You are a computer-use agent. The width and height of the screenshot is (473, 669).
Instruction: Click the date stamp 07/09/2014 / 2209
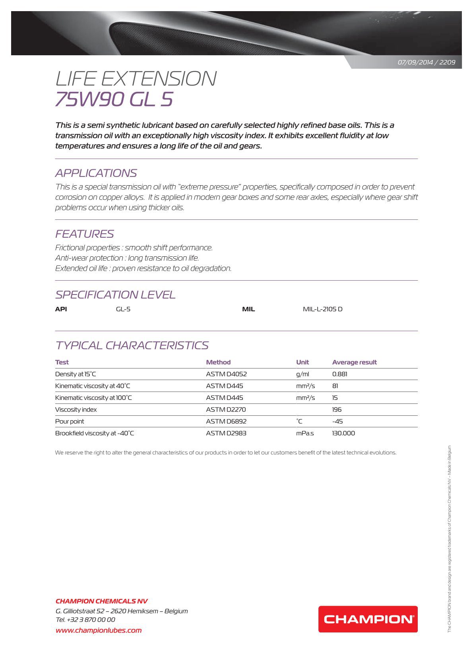[x=426, y=62]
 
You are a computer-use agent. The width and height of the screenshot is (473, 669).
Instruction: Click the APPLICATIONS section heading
[x=96, y=173]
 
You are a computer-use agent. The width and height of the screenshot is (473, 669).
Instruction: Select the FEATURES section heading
[x=84, y=234]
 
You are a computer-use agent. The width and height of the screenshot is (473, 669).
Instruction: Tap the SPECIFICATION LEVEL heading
[x=115, y=295]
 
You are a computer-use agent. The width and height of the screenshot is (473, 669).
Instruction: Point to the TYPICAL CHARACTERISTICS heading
[x=132, y=345]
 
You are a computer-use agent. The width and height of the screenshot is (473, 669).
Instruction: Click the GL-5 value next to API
[x=123, y=309]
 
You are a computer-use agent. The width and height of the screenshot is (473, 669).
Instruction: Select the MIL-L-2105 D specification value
[x=322, y=309]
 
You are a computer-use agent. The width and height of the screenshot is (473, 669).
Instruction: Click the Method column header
[x=218, y=362]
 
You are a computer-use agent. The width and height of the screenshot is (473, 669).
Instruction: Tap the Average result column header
[x=354, y=362]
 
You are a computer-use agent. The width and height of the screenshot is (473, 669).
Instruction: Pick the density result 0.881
[x=339, y=374]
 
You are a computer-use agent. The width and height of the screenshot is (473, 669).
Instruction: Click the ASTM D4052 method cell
[x=226, y=374]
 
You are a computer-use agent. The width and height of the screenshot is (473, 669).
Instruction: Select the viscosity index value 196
[x=337, y=410]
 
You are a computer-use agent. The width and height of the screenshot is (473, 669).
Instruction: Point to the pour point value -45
[x=337, y=422]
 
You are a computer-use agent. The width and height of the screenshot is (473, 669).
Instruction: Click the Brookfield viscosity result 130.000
[x=343, y=433]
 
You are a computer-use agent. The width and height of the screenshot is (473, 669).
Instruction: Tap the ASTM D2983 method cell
[x=226, y=433]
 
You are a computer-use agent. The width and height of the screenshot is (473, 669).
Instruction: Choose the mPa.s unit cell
[x=305, y=433]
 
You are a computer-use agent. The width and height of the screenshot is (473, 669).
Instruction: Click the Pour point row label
[x=70, y=422]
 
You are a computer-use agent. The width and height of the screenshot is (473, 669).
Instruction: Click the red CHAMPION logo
[x=368, y=619]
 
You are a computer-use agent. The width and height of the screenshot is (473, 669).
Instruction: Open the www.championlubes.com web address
[x=99, y=630]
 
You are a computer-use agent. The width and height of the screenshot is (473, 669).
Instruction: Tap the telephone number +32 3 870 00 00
[x=91, y=620]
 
